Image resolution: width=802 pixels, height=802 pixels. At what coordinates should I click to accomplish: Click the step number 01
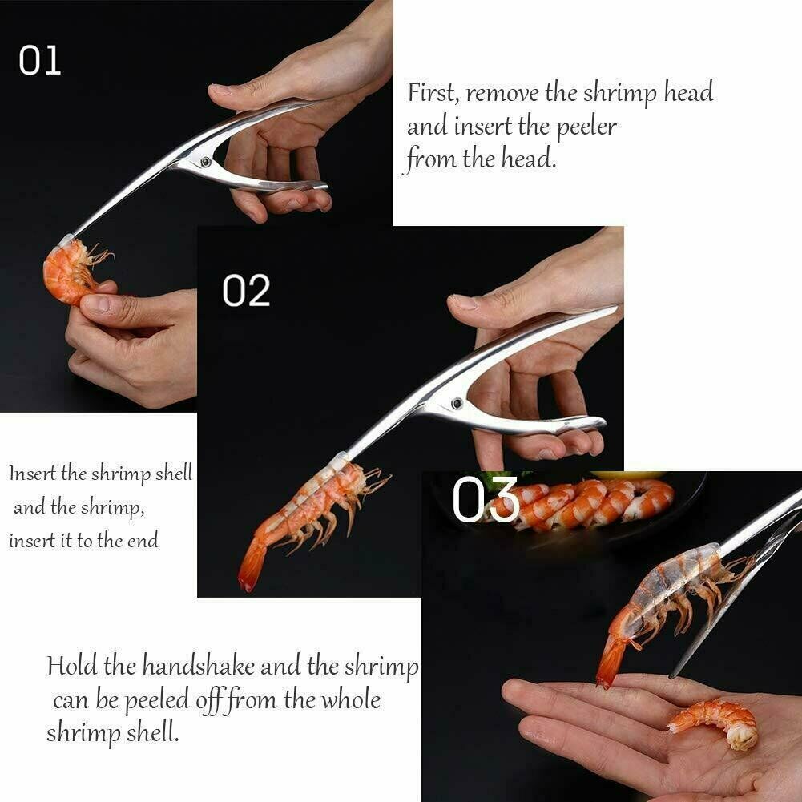point(39,61)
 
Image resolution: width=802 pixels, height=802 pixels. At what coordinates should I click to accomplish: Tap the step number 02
point(246,291)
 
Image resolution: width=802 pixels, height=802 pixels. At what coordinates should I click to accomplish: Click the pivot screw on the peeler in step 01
point(207,162)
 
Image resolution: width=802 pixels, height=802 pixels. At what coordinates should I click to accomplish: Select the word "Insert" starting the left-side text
point(32,473)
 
